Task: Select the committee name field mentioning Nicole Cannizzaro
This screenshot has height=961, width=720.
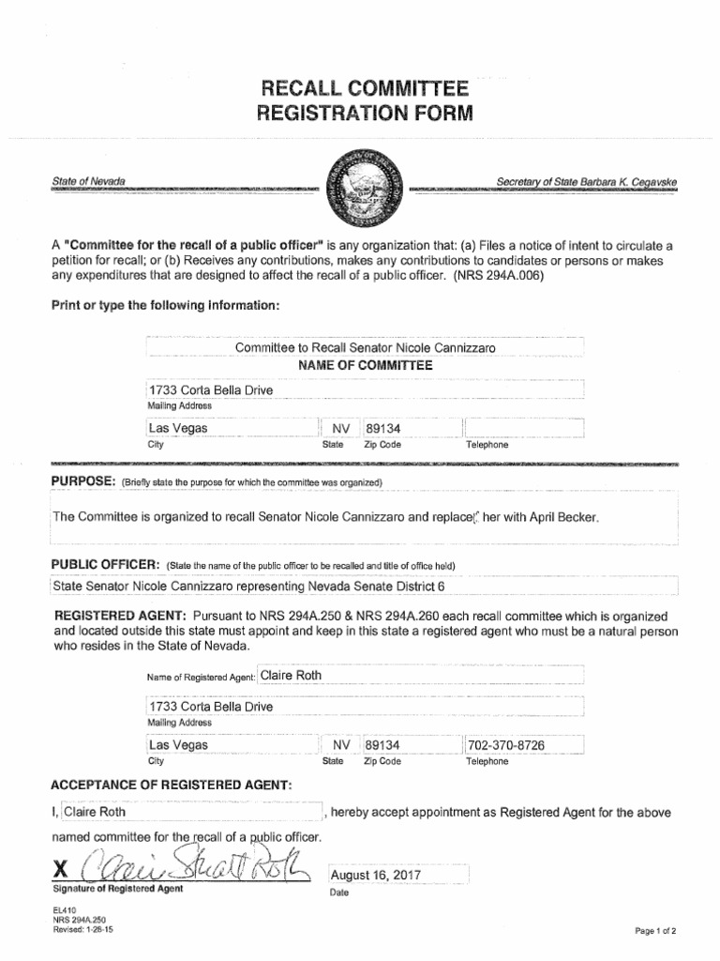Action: [x=365, y=348]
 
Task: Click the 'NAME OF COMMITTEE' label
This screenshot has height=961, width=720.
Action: [x=365, y=365]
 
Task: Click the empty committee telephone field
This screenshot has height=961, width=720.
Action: [x=523, y=428]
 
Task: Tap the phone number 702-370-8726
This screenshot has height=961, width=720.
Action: [x=505, y=745]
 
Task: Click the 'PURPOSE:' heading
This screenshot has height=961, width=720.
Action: [x=83, y=481]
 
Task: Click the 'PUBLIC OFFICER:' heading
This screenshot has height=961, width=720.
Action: [x=104, y=567]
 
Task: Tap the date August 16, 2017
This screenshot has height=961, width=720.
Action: [x=376, y=875]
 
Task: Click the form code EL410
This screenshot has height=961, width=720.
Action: [x=65, y=909]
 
